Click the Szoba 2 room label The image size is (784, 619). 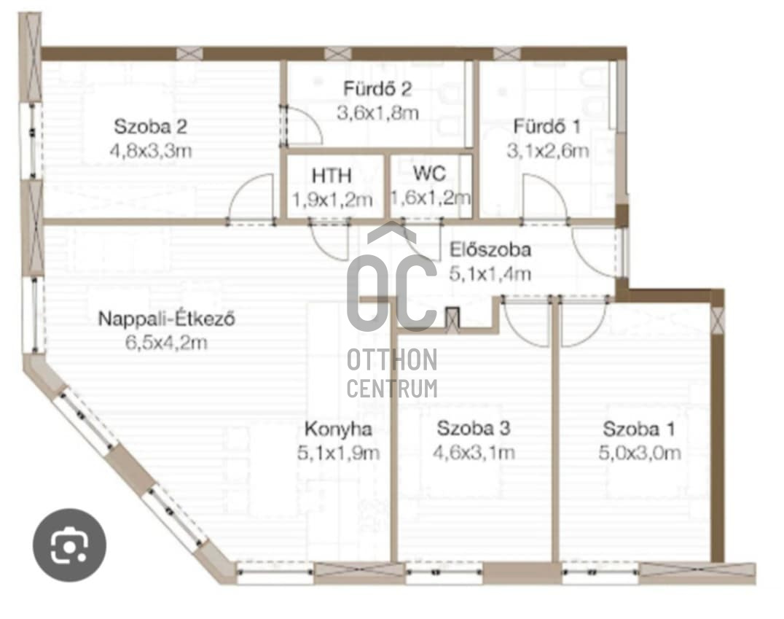pyautogui.click(x=151, y=127)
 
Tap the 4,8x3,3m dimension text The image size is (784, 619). pyautogui.click(x=151, y=151)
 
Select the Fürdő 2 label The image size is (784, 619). pyautogui.click(x=377, y=88)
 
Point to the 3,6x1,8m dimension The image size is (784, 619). pyautogui.click(x=377, y=113)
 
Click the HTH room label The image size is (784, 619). pyautogui.click(x=332, y=176)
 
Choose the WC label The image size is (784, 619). pyautogui.click(x=429, y=174)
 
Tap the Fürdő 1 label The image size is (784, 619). pyautogui.click(x=547, y=126)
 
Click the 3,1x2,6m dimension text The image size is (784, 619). pyautogui.click(x=547, y=151)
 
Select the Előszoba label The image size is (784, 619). pyautogui.click(x=490, y=249)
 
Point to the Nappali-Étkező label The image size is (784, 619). pyautogui.click(x=167, y=319)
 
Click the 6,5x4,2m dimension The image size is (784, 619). pyautogui.click(x=167, y=343)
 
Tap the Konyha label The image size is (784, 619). pyautogui.click(x=339, y=429)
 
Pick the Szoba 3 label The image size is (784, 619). pyautogui.click(x=474, y=429)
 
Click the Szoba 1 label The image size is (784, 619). pyautogui.click(x=639, y=429)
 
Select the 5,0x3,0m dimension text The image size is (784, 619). pyautogui.click(x=640, y=453)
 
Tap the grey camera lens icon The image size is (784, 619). pyautogui.click(x=69, y=545)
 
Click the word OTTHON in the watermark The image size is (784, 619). pyautogui.click(x=392, y=359)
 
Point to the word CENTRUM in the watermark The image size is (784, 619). pyautogui.click(x=392, y=389)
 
